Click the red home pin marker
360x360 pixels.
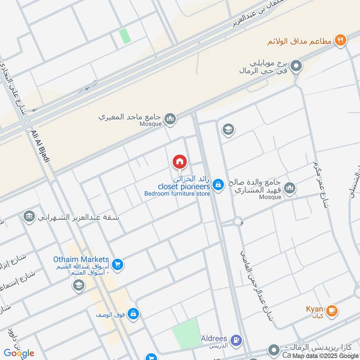(179, 162)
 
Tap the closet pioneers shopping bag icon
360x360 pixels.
(218, 184)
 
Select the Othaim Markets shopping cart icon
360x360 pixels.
(118, 265)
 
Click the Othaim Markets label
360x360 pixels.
(81, 260)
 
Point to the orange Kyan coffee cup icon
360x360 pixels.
(332, 310)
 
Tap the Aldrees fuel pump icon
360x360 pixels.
(236, 341)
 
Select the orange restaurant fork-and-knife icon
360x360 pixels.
(341, 40)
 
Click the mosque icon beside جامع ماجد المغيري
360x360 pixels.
(170, 119)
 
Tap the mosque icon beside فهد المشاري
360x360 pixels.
(290, 188)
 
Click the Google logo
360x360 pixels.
(19, 353)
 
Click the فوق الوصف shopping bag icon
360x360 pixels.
(133, 314)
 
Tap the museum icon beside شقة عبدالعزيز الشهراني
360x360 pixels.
(29, 216)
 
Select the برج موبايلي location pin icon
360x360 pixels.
(296, 67)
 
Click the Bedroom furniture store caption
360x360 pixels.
(177, 194)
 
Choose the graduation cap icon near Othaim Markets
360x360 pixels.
(78, 286)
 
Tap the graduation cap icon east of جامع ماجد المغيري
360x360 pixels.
(228, 130)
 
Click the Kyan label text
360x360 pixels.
(315, 309)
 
